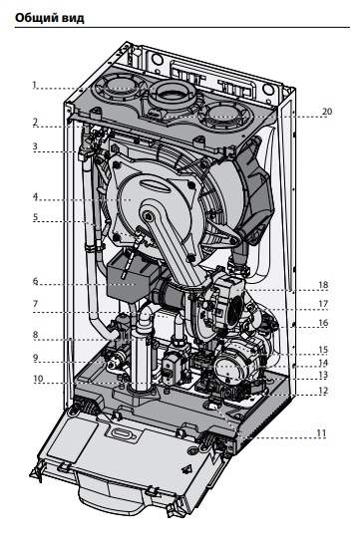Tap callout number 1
tap(35, 85)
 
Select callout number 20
tap(327, 112)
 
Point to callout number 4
tap(35, 197)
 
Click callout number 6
tap(35, 281)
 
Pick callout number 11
tap(321, 433)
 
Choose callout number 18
tap(323, 285)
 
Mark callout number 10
tap(38, 378)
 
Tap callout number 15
tap(323, 350)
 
